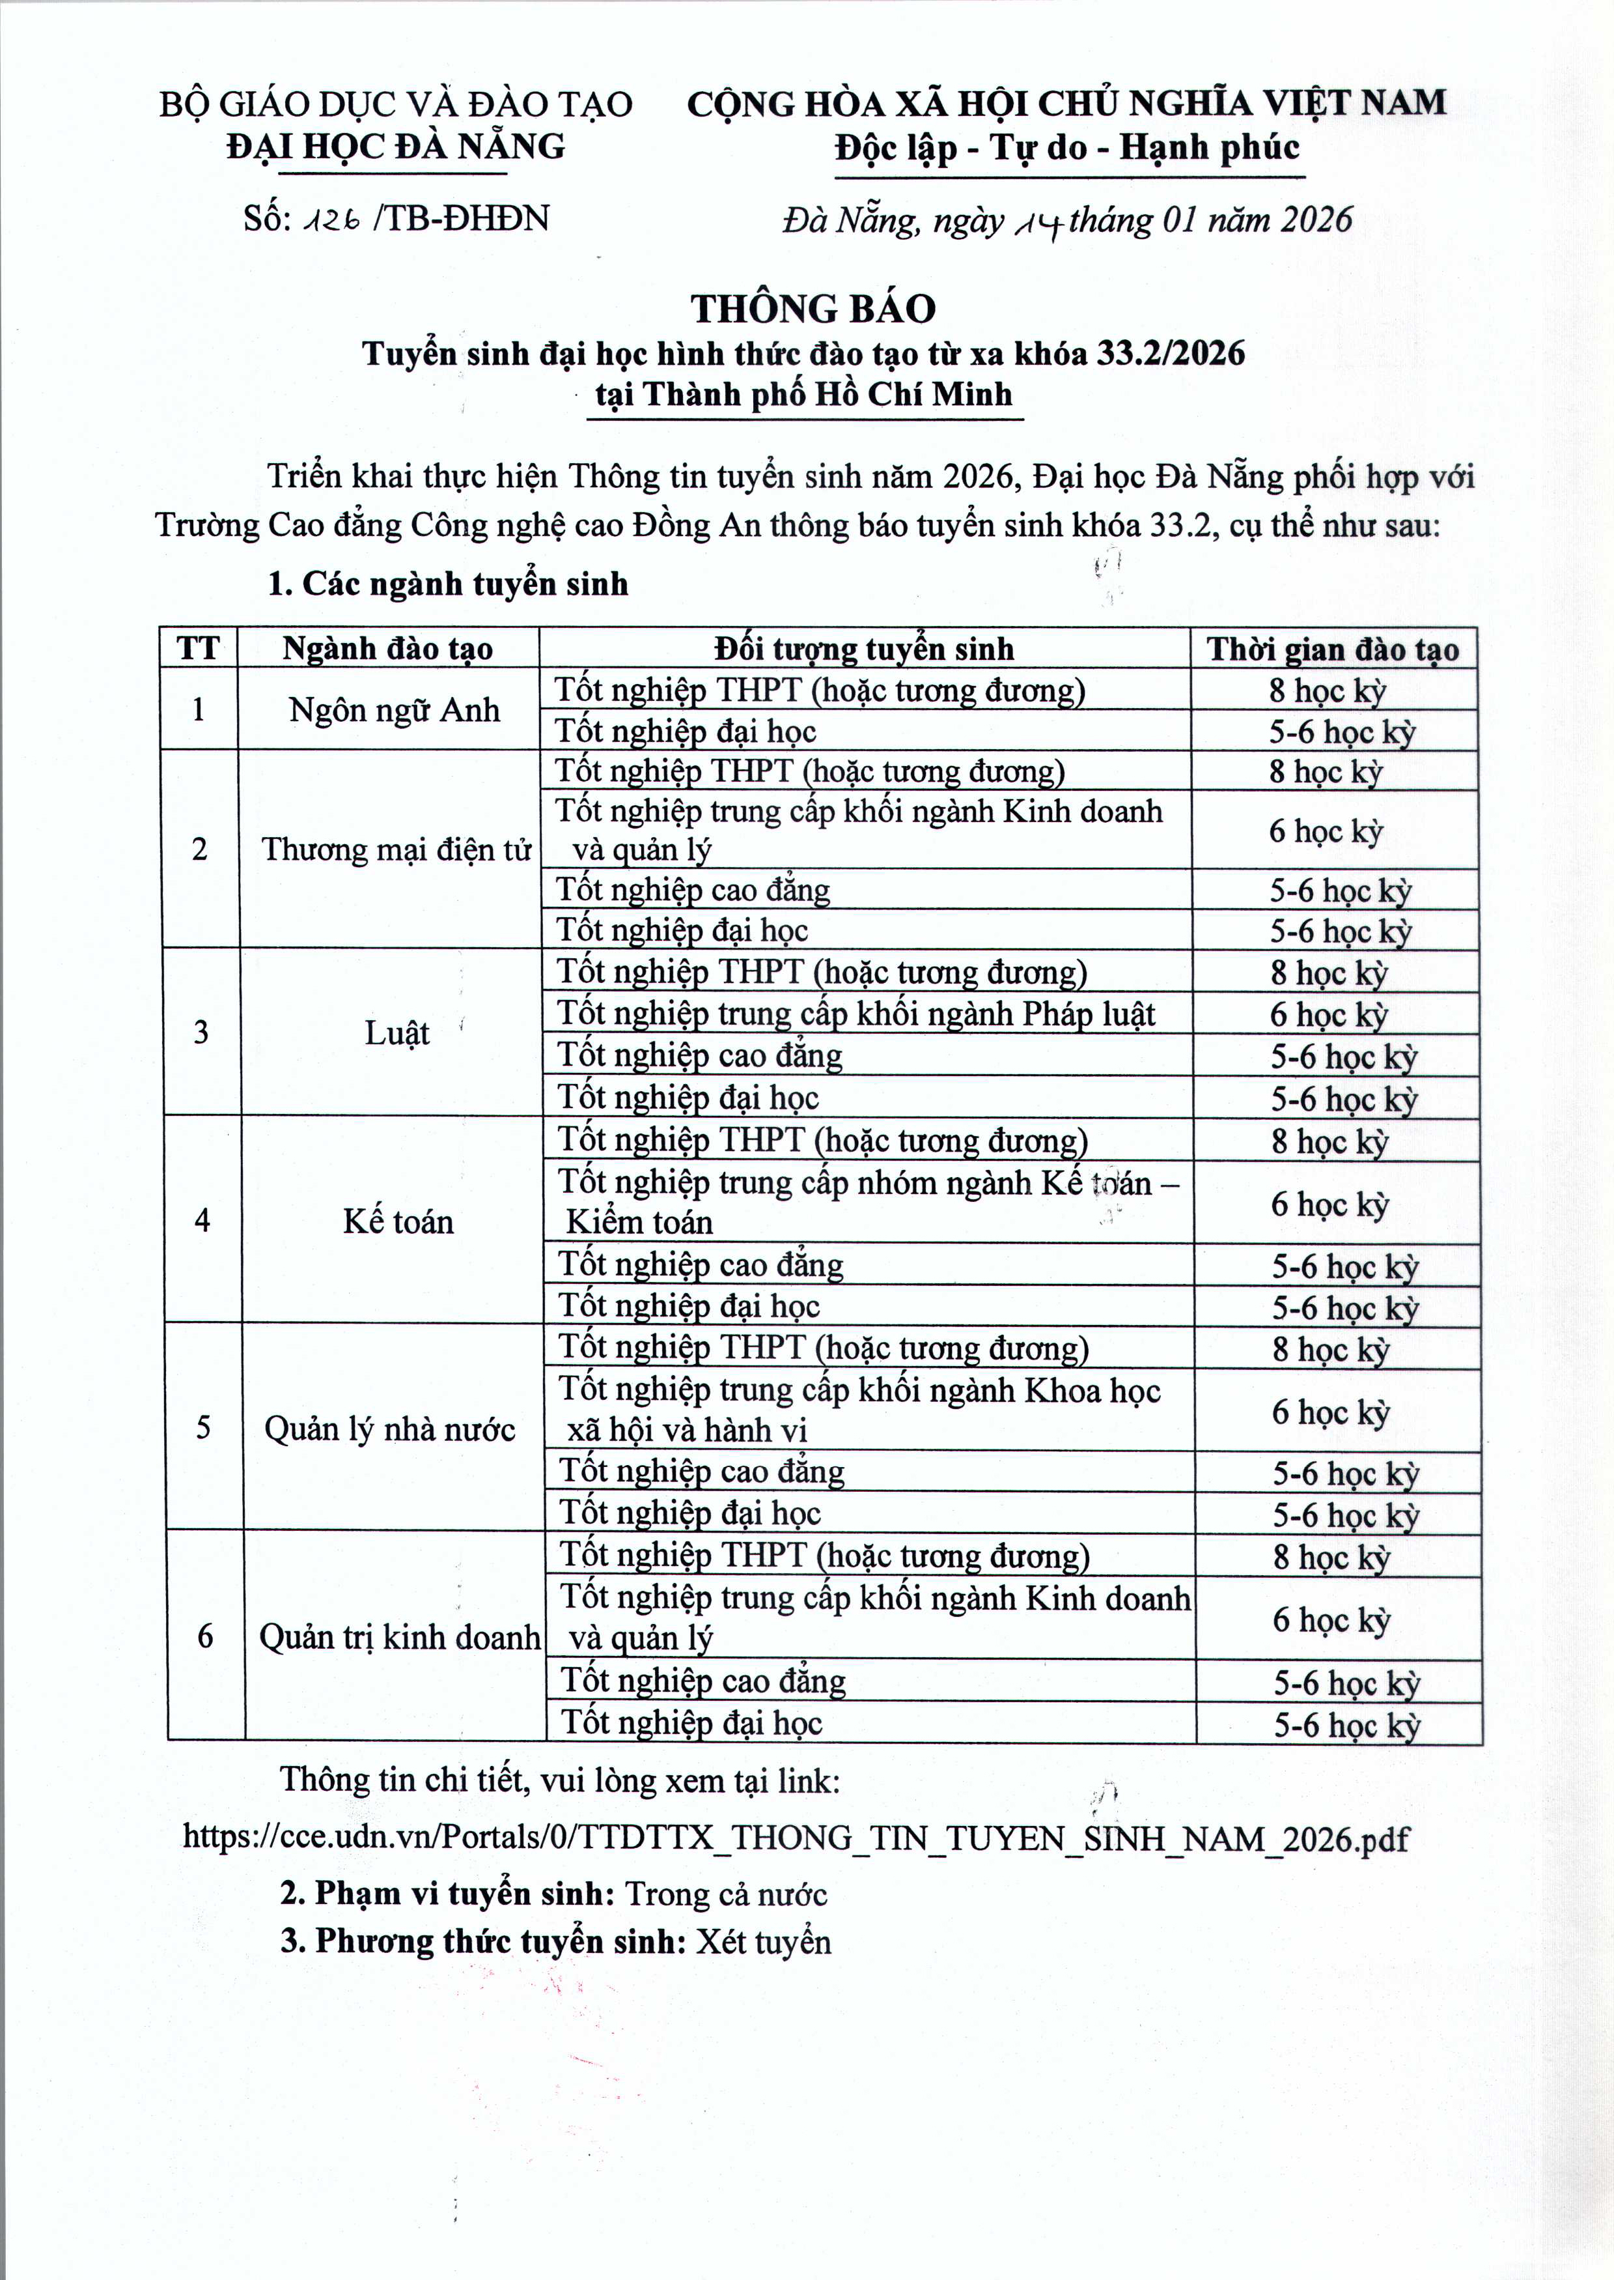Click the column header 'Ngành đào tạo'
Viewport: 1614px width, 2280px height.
pos(387,649)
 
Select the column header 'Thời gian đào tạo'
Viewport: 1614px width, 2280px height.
pos(1333,650)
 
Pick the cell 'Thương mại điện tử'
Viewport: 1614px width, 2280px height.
pos(396,850)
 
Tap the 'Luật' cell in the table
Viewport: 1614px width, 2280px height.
pos(397,1033)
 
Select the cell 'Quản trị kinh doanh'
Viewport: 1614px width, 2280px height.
pos(400,1636)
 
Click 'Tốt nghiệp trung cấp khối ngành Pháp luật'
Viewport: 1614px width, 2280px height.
pos(855,1014)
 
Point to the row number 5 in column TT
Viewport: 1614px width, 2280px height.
pos(202,1428)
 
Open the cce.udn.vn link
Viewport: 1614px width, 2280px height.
pos(795,1838)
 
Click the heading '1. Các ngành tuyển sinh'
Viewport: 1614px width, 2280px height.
pos(447,584)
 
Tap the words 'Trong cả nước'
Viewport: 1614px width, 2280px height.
pos(725,1895)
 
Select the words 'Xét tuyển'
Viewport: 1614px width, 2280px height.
pos(762,1942)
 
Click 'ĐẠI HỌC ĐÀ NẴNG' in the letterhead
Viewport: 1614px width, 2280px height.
pos(396,147)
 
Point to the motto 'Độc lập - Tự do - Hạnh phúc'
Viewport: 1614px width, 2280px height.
pos(1067,148)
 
